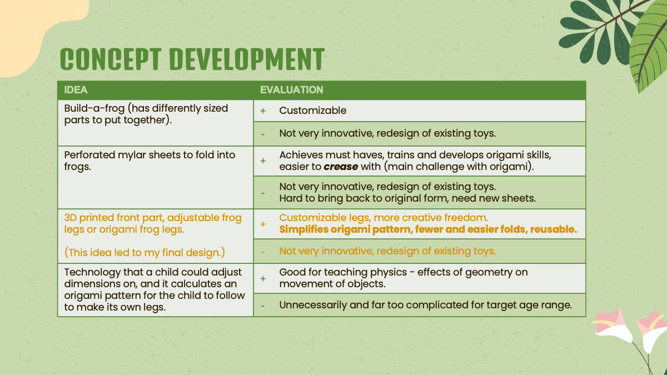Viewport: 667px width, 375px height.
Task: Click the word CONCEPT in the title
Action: (111, 59)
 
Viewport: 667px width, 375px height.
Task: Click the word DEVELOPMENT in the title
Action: (247, 59)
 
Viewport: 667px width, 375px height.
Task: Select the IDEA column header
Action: (76, 90)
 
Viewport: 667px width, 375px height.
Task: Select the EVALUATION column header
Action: (291, 90)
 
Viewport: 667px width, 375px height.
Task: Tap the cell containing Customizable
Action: (420, 111)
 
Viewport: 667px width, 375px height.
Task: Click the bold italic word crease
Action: (341, 167)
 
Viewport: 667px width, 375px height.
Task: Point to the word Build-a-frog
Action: (94, 108)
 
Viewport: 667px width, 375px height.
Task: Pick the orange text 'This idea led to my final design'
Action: (145, 253)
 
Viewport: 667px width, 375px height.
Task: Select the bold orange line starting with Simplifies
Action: (428, 229)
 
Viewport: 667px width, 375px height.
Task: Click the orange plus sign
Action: (263, 224)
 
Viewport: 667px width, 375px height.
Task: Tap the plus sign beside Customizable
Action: (263, 111)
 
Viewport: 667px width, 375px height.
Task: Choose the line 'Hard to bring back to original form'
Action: (407, 198)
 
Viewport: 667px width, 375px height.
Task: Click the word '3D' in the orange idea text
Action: (70, 218)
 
